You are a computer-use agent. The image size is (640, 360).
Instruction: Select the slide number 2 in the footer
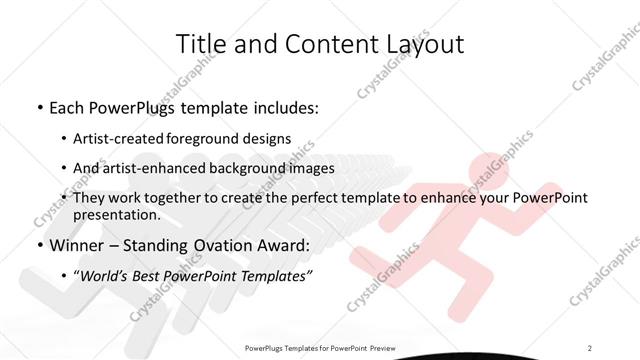(x=591, y=346)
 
